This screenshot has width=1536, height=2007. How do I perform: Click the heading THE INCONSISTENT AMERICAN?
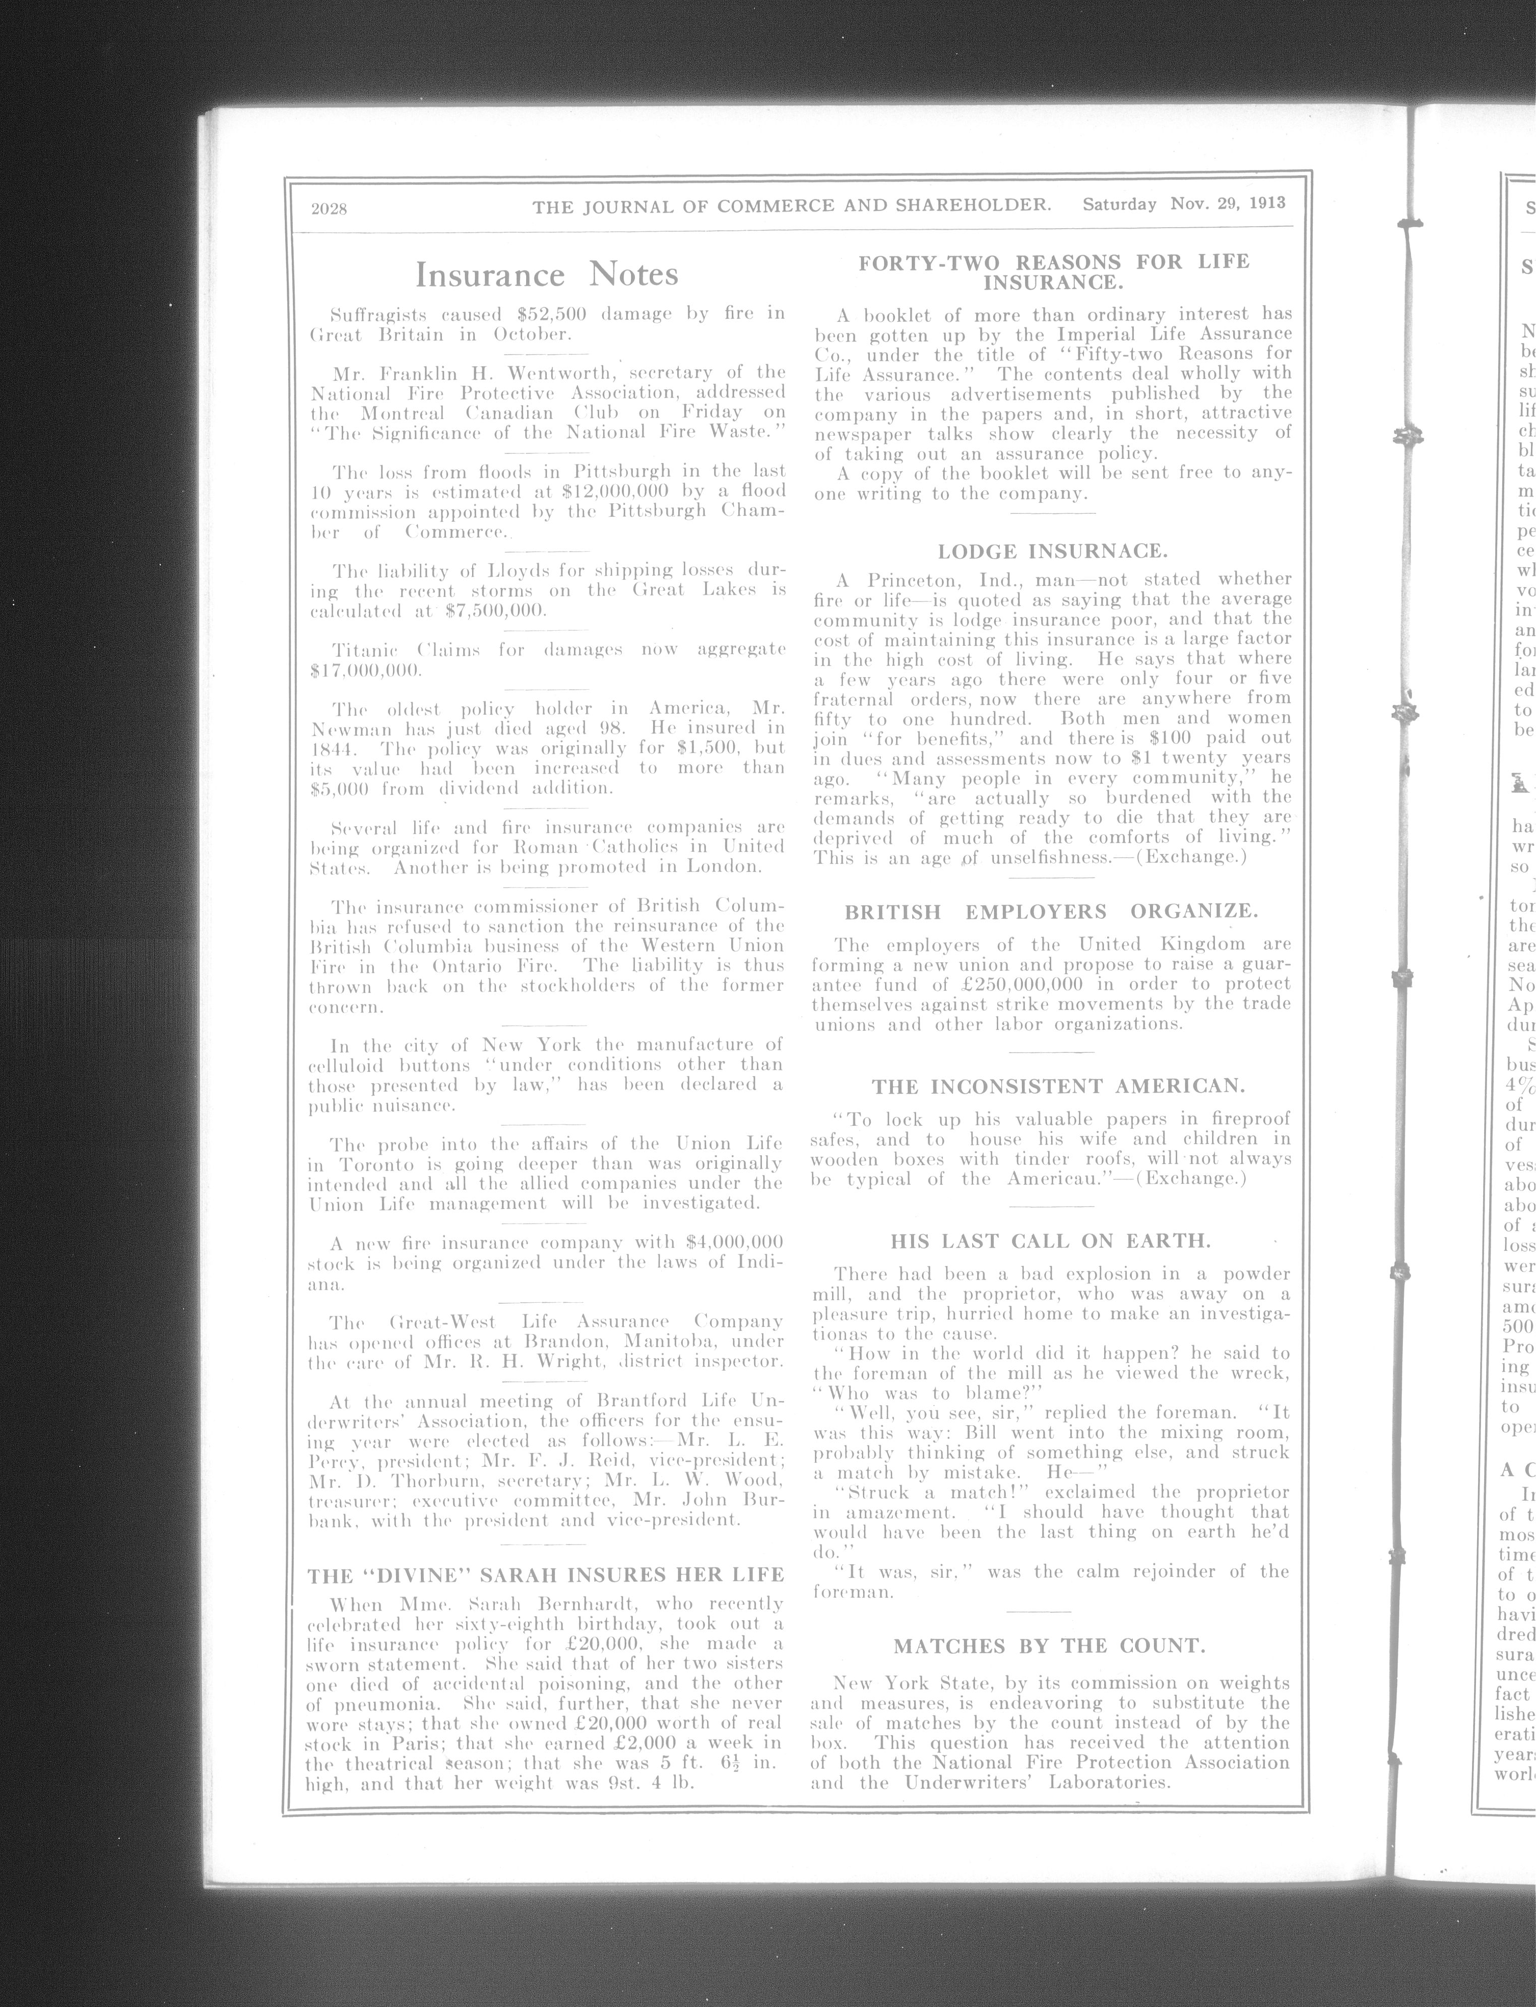point(1058,1087)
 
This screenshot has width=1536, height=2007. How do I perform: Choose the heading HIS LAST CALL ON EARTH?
point(1051,1241)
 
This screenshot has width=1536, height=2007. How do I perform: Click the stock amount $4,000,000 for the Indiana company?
point(733,1242)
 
